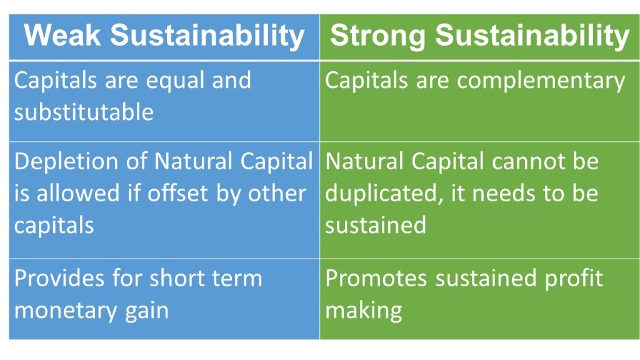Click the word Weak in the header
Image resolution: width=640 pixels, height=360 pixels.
(x=62, y=35)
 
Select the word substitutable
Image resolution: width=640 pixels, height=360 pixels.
(x=84, y=112)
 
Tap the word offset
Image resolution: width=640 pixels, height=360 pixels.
(x=177, y=193)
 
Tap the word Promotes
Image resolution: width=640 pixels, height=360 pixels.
(x=376, y=278)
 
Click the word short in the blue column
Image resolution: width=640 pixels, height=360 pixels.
(x=176, y=278)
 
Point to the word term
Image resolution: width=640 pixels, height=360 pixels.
(x=237, y=278)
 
